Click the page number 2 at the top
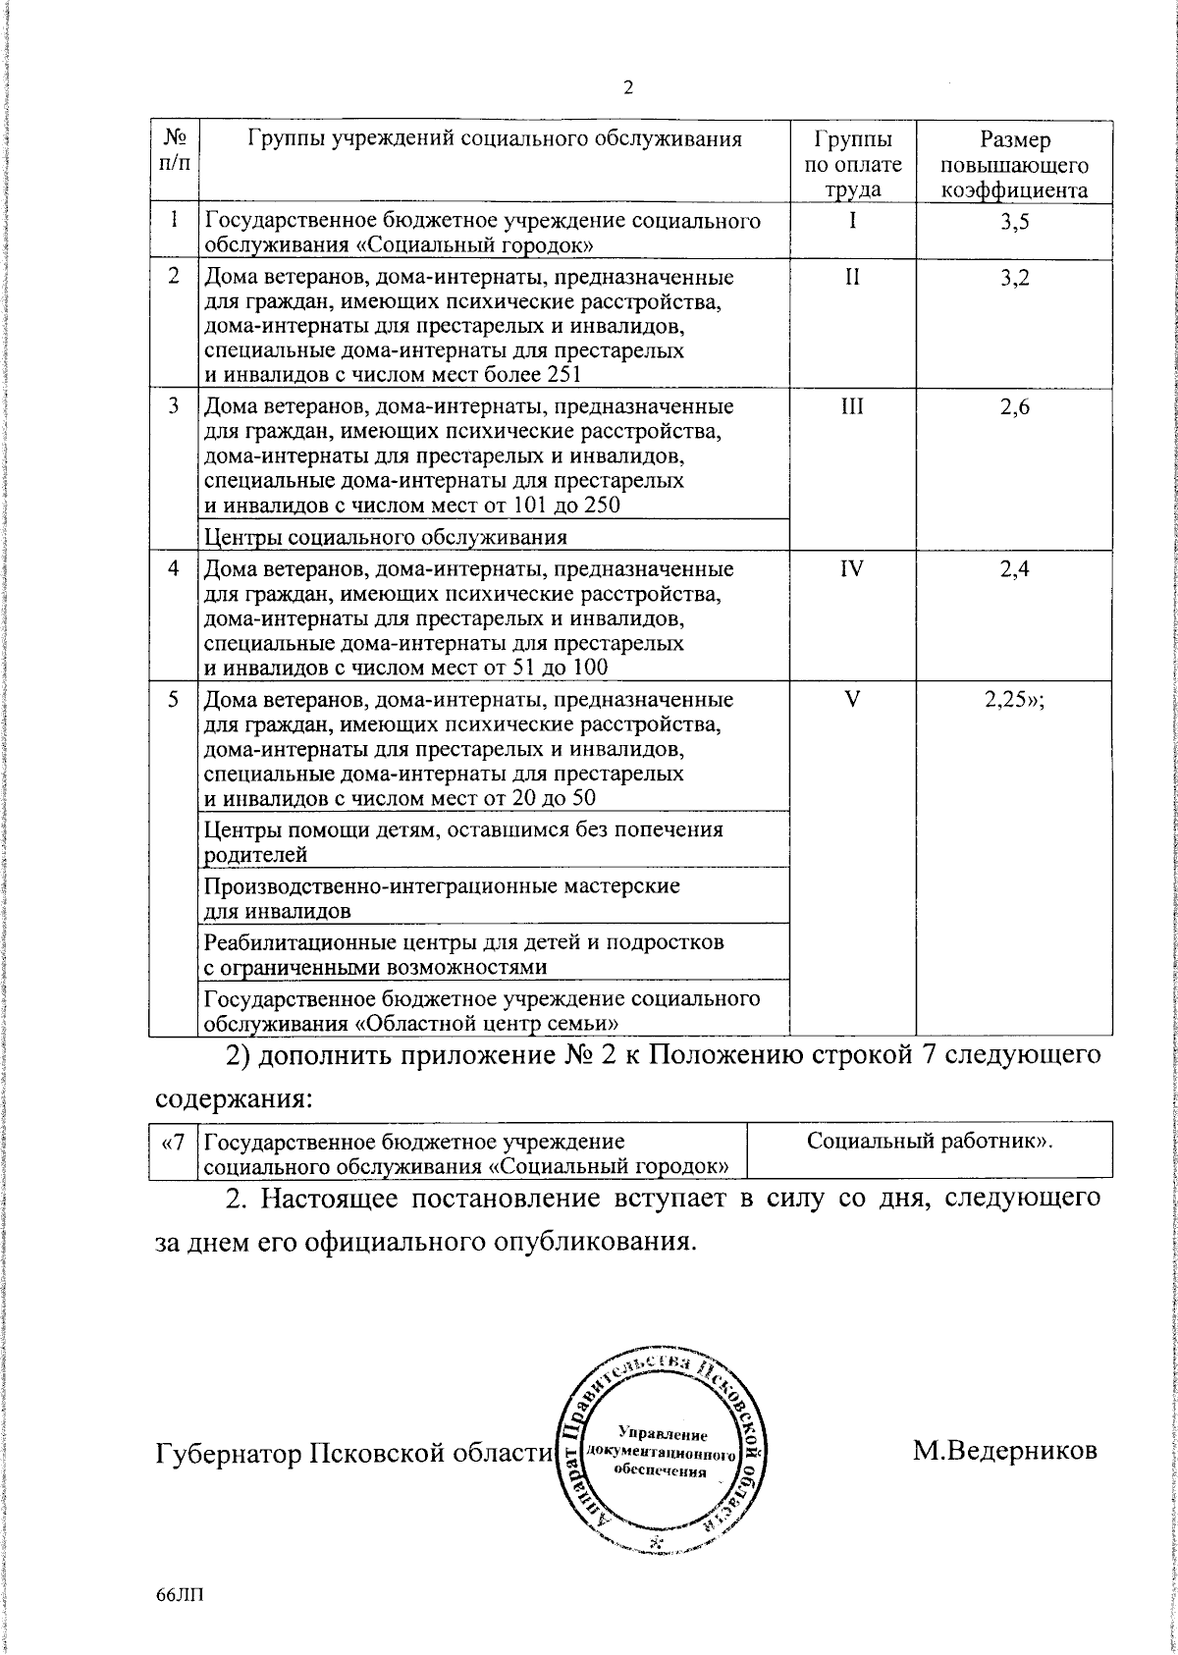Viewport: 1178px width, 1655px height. [628, 88]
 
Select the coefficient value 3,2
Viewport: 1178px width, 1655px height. [1014, 279]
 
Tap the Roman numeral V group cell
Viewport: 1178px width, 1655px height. [852, 702]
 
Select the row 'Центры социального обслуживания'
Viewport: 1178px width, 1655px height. [386, 537]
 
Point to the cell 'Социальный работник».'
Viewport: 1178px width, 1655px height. [929, 1142]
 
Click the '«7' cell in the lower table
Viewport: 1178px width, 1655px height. [172, 1142]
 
